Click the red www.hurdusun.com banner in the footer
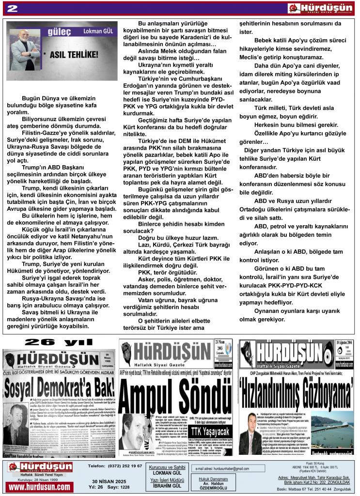click(x=40, y=486)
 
